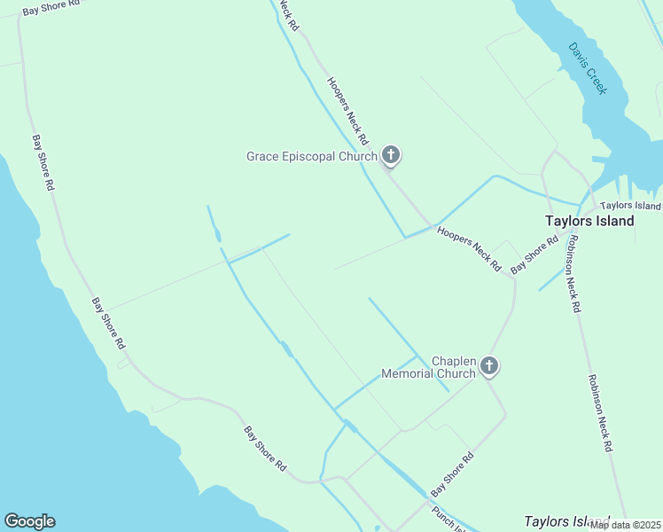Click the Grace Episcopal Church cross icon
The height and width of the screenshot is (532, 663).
[391, 156]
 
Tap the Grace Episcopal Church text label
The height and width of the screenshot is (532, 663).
[311, 157]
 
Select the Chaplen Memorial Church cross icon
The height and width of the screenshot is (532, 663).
[489, 365]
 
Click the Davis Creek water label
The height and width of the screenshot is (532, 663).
[589, 68]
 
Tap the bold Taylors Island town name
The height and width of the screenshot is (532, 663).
[589, 221]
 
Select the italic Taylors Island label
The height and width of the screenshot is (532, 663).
[566, 521]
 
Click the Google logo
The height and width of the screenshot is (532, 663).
[29, 521]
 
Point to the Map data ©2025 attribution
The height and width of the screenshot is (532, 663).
[624, 525]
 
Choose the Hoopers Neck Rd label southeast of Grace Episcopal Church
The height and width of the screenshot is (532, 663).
[469, 249]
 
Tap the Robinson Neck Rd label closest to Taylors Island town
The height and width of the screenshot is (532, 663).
[573, 273]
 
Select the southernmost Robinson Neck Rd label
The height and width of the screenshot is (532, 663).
[599, 413]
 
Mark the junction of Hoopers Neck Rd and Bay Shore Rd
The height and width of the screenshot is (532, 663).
[512, 277]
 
